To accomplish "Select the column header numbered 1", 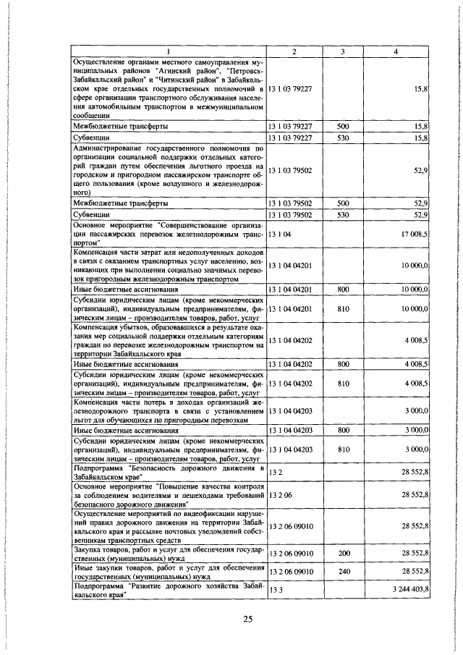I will (x=168, y=51).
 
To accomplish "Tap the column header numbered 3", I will (x=343, y=51).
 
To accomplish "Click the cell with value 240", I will (x=344, y=571).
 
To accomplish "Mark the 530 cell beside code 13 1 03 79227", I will (x=344, y=136).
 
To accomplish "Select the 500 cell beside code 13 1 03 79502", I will (x=344, y=203).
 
